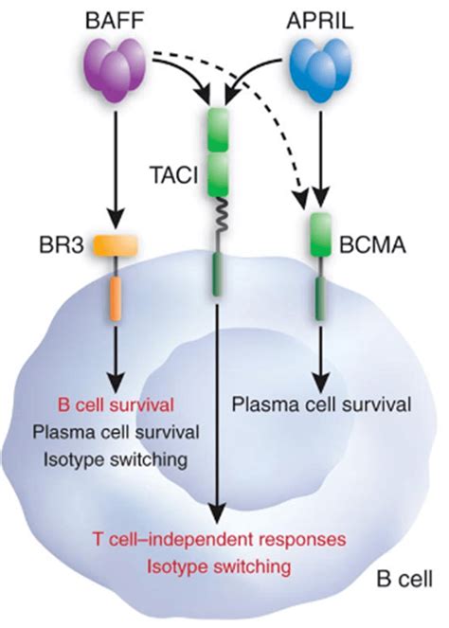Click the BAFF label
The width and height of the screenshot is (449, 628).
point(116,22)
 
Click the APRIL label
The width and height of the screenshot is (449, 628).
point(320,22)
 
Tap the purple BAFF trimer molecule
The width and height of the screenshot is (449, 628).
point(116,70)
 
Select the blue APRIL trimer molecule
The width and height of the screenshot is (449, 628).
point(320,70)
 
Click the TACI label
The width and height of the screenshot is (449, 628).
point(174,175)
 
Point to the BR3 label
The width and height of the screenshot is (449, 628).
point(62,245)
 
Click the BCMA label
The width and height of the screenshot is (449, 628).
point(372,245)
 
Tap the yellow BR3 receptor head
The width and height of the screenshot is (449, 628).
point(116,245)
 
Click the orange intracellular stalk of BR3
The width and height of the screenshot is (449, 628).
point(116,298)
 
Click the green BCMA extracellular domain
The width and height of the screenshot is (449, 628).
point(321,235)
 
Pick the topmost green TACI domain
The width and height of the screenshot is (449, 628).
point(218,130)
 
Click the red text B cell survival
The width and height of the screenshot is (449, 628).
point(117,404)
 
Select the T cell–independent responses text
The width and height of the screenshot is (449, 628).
point(219,539)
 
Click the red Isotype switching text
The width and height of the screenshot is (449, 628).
point(219,566)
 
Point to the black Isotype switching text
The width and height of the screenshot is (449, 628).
point(116,459)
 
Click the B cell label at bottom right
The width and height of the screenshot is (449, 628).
point(404,579)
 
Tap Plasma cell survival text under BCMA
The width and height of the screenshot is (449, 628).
point(322,404)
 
